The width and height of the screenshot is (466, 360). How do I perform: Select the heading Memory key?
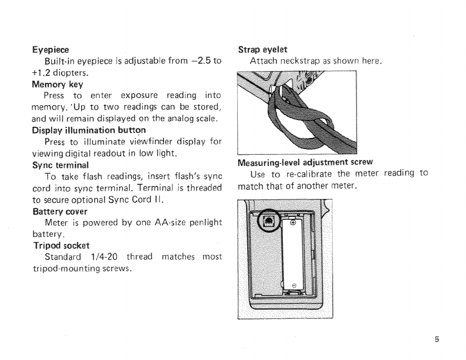click(x=57, y=84)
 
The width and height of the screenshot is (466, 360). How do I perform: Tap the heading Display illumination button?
click(x=88, y=130)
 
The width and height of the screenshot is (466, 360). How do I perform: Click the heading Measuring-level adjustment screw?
click(x=306, y=162)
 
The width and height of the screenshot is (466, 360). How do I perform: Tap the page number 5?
click(x=436, y=340)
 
